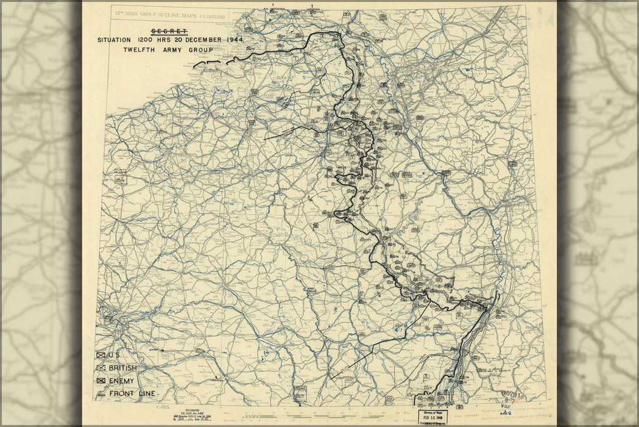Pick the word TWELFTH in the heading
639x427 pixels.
pos(141,49)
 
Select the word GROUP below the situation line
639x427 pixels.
pos(200,49)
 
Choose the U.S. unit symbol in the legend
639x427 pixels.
pos(101,356)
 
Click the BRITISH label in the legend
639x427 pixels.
pos(122,368)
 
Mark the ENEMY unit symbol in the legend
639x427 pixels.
pos(101,381)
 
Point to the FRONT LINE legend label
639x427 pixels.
pos(132,393)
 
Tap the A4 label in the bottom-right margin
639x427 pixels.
pos(505,413)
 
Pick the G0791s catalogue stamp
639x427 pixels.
pos(513,395)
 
